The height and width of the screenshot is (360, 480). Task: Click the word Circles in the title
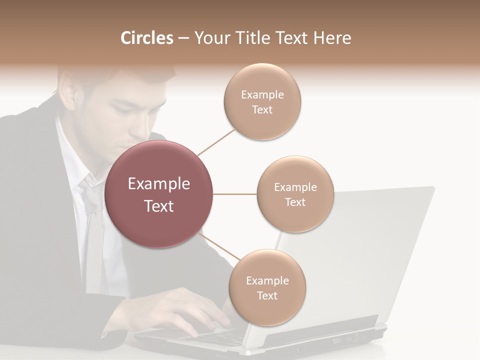pyautogui.click(x=146, y=38)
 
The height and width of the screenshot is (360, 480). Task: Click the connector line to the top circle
pyautogui.click(x=216, y=142)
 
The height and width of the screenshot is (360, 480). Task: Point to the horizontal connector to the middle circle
pyautogui.click(x=234, y=194)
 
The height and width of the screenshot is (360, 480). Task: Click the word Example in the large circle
pyautogui.click(x=159, y=184)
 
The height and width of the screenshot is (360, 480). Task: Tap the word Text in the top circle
pyautogui.click(x=262, y=110)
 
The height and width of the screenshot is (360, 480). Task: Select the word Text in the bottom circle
pyautogui.click(x=267, y=295)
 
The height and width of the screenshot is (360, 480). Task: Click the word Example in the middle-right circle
pyautogui.click(x=295, y=187)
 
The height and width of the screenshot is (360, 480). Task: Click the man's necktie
pyautogui.click(x=92, y=220)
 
